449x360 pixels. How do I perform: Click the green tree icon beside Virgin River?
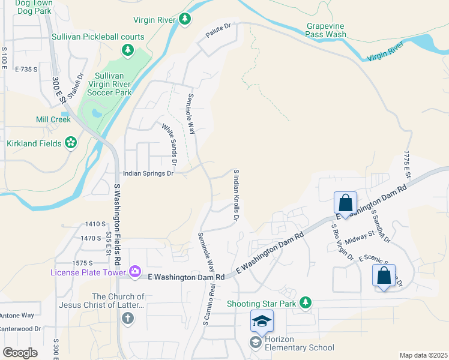click(x=185, y=20)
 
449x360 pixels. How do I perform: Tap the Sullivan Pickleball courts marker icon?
click(x=128, y=50)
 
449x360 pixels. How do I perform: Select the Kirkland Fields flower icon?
click(x=71, y=143)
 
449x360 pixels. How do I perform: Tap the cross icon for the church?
click(x=128, y=319)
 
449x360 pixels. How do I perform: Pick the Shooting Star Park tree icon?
click(x=306, y=302)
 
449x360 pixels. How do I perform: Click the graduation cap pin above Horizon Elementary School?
click(x=262, y=322)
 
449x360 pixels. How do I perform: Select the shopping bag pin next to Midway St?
click(x=346, y=202)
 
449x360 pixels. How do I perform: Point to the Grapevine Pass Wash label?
click(x=327, y=31)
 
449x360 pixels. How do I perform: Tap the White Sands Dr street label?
click(x=169, y=144)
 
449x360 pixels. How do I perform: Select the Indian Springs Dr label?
click(x=148, y=173)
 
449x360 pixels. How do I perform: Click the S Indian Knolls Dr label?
click(x=236, y=195)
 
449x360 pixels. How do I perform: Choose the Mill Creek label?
click(x=53, y=119)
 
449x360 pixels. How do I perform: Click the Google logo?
click(x=20, y=352)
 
